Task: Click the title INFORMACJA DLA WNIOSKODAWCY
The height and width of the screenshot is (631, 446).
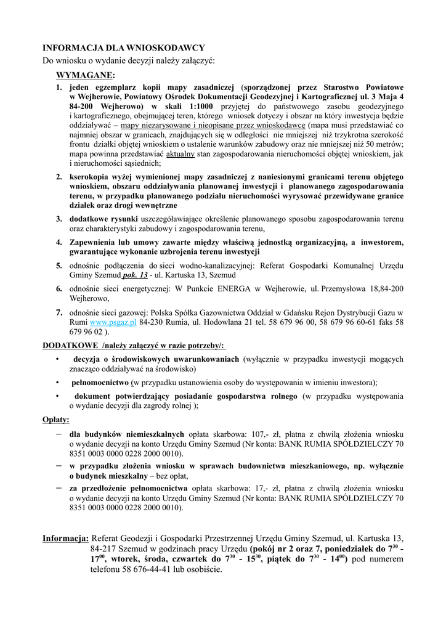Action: click(123, 47)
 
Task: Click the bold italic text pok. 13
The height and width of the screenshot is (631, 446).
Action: click(135, 275)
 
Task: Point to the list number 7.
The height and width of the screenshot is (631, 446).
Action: click(59, 312)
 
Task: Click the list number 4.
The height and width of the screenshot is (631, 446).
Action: click(59, 242)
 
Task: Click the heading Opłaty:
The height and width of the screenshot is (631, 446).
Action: click(55, 419)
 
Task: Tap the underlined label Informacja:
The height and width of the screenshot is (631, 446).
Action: click(65, 539)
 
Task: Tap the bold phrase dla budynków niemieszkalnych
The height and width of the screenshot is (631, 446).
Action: click(126, 433)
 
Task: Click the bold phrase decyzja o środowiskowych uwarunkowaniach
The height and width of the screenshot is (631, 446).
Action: click(156, 359)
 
